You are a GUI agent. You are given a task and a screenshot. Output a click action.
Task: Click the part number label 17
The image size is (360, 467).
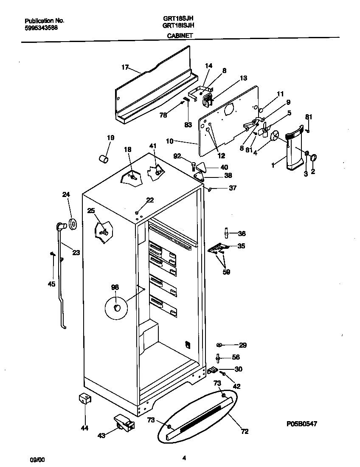125,67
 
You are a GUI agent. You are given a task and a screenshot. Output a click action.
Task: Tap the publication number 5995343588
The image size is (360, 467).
41,28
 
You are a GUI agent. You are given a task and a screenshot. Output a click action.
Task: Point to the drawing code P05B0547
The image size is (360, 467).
301,423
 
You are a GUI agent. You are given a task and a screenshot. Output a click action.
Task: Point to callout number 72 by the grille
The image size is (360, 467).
245,431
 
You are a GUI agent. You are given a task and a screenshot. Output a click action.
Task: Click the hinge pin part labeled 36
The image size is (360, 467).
227,233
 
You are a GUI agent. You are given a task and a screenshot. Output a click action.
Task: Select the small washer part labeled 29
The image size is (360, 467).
220,345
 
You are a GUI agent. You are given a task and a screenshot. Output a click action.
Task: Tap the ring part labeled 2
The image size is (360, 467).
314,158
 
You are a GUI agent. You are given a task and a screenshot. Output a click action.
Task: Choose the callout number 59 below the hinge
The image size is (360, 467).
226,272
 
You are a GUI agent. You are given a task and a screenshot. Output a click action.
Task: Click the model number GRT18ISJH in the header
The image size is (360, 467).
178,25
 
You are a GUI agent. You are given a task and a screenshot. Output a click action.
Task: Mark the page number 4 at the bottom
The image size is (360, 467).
184,458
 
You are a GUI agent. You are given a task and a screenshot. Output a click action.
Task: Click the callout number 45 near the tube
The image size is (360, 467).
51,284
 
